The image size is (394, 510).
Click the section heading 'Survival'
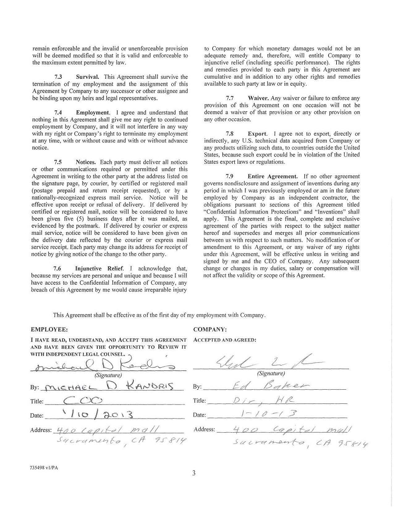pyautogui.click(x=87, y=77)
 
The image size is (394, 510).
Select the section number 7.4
pyautogui.click(x=58, y=112)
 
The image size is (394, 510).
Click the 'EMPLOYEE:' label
pyautogui.click(x=49, y=329)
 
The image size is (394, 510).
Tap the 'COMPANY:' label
pyautogui.click(x=210, y=329)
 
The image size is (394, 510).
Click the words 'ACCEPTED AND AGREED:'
pyautogui.click(x=225, y=340)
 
